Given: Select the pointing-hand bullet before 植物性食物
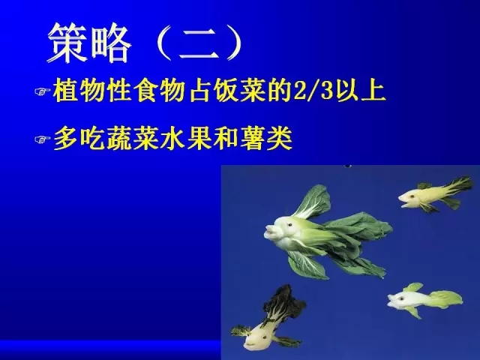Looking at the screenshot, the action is (x=43, y=91).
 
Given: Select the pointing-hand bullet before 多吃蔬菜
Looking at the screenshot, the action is (x=43, y=139).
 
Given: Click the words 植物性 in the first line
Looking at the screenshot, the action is (x=93, y=91).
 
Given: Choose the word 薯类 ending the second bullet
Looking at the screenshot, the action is (x=265, y=139).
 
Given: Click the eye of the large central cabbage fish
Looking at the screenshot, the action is (x=289, y=225).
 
